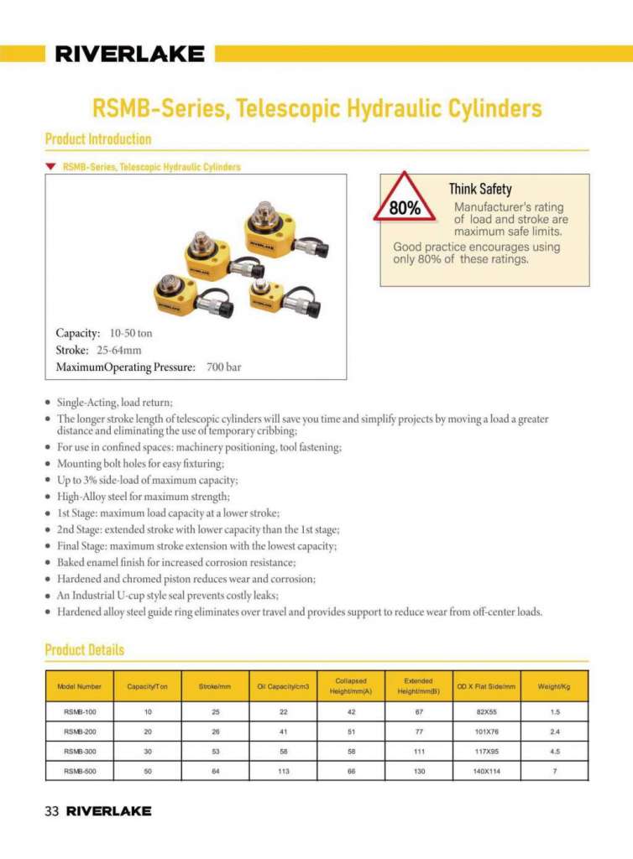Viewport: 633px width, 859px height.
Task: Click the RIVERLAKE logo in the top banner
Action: tap(129, 55)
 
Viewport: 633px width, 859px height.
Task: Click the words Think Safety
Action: tap(479, 190)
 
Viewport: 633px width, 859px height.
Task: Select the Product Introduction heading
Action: tap(98, 139)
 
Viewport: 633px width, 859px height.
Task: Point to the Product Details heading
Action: tap(84, 649)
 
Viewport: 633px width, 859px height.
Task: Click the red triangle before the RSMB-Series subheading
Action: tap(51, 167)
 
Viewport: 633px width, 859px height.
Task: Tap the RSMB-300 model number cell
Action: tap(80, 751)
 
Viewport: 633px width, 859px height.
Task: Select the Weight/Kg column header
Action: tap(554, 686)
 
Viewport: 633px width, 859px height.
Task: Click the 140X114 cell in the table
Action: tap(487, 771)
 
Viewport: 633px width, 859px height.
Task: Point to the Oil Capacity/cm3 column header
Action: tap(283, 686)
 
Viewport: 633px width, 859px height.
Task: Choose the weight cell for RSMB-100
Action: tap(555, 711)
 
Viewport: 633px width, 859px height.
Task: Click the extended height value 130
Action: tap(418, 771)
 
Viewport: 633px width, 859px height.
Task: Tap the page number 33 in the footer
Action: tap(51, 811)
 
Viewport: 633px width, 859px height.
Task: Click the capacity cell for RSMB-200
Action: tap(148, 731)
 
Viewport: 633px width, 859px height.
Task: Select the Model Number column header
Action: tap(80, 686)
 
